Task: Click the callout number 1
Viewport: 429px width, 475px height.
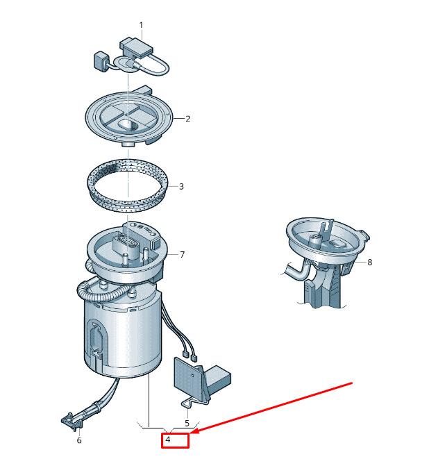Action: (141, 25)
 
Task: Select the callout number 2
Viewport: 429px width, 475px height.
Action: (187, 119)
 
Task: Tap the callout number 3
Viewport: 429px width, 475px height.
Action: (181, 186)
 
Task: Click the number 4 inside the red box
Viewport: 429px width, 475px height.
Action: (168, 440)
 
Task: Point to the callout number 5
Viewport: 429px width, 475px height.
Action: (187, 423)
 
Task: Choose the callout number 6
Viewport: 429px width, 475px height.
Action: (79, 440)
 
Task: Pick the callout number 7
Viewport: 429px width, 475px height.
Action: (182, 255)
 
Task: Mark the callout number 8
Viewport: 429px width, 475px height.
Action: (369, 262)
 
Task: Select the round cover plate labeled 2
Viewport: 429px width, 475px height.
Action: (128, 117)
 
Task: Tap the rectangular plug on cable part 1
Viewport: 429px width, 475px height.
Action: (136, 48)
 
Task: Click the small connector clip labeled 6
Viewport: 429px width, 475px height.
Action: (71, 420)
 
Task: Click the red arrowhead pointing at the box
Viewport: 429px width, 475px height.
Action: (196, 431)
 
